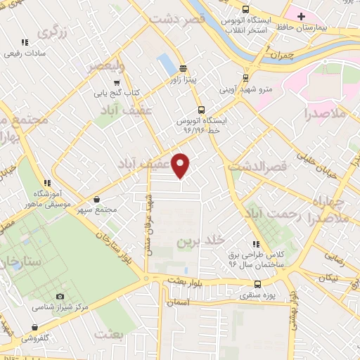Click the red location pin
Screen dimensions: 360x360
(181, 165)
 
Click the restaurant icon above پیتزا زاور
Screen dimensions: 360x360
(183, 69)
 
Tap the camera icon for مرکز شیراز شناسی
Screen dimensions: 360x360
(59, 297)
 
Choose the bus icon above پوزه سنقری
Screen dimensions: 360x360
(257, 285)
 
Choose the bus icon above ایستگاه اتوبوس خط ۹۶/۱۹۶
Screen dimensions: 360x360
(201, 110)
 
